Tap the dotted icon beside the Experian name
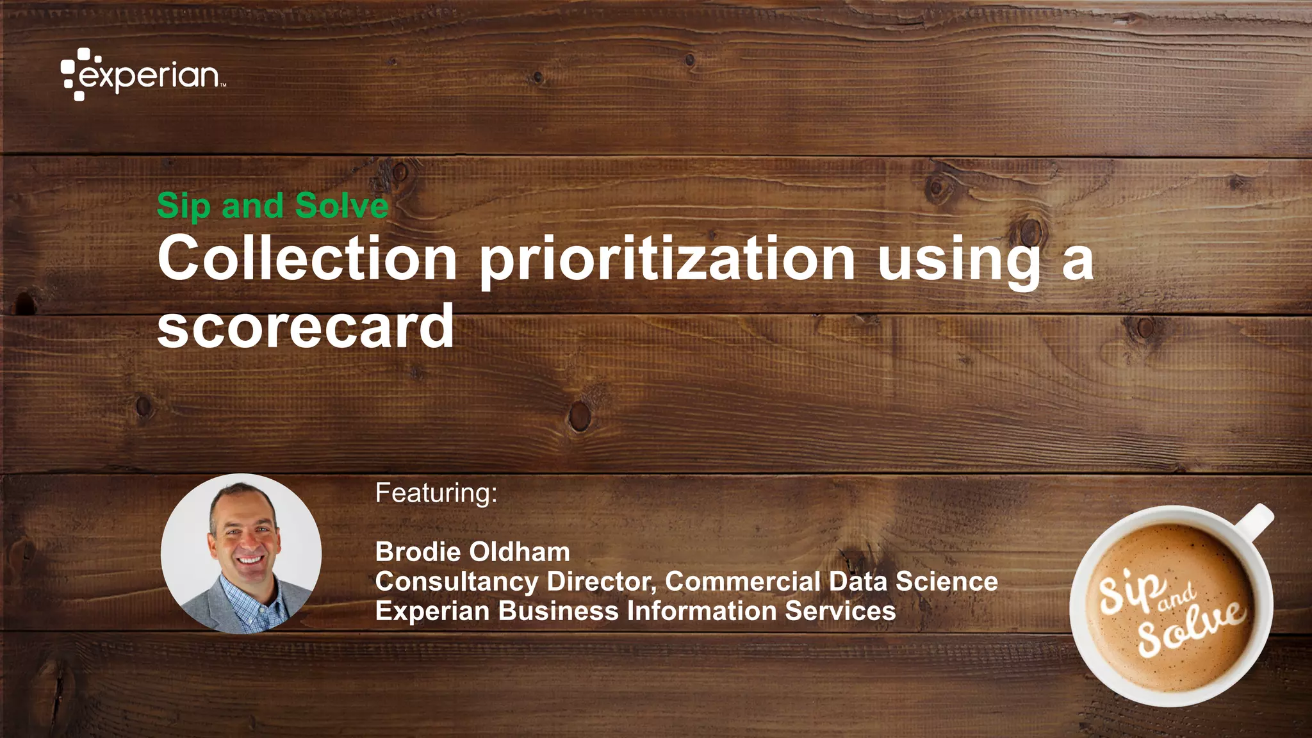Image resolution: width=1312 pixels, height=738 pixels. click(x=75, y=74)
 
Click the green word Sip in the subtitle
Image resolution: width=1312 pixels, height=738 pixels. click(x=184, y=206)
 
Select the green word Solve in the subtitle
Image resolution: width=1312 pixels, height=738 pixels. click(x=341, y=206)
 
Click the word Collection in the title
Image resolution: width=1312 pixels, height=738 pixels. click(x=307, y=258)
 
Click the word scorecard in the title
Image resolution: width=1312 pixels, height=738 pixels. click(x=306, y=327)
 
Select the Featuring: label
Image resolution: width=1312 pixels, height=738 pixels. click(x=436, y=493)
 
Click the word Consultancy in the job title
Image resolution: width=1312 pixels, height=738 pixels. click(x=457, y=582)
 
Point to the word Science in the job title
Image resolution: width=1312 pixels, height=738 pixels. click(x=946, y=581)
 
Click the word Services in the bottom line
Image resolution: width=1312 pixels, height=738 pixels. click(x=840, y=611)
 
